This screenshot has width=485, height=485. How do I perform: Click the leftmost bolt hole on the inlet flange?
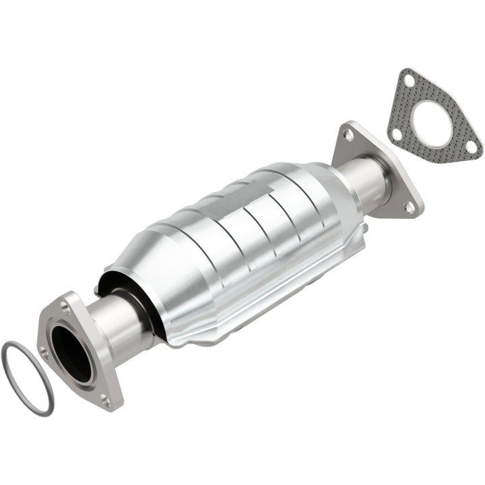click(45, 352)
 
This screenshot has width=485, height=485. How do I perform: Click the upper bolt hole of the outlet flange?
click(349, 135)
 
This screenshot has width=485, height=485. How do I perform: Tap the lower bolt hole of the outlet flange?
click(409, 207)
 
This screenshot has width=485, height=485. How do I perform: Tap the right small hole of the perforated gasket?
click(472, 147)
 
